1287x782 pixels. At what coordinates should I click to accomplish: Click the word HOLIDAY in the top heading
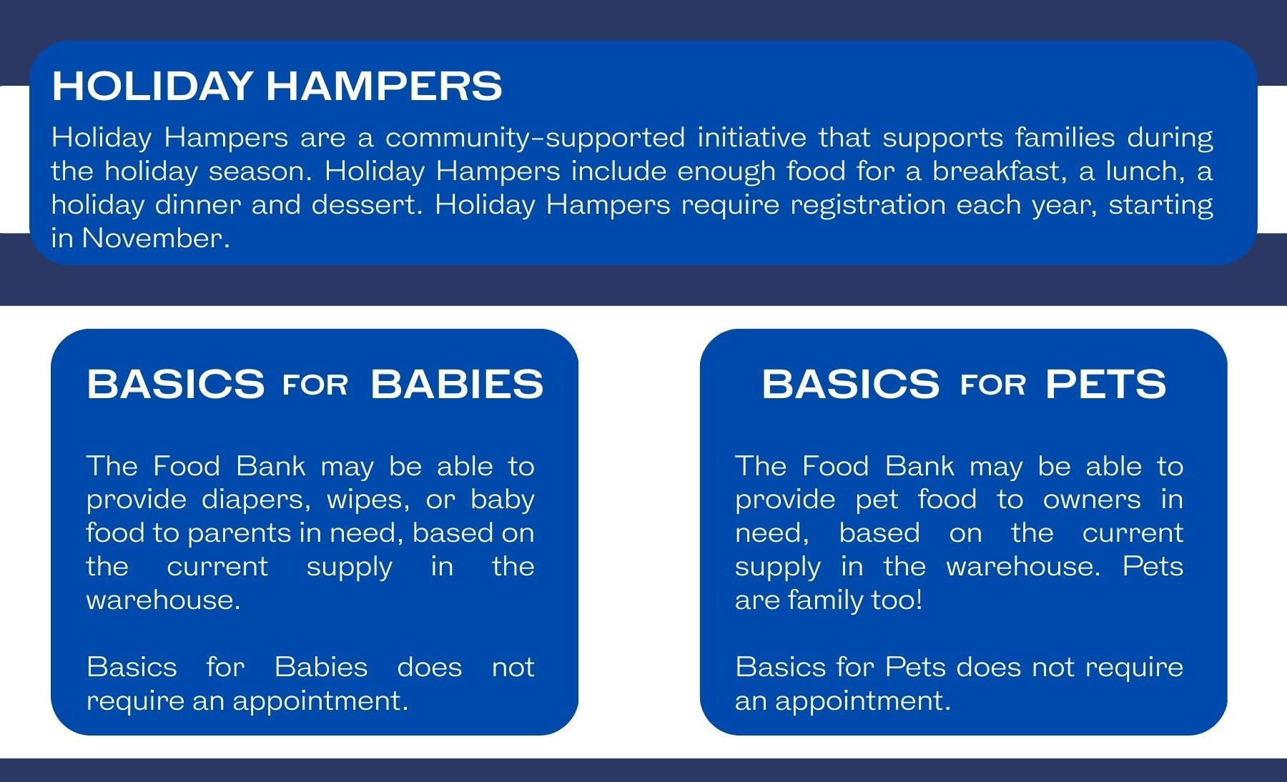pos(152,86)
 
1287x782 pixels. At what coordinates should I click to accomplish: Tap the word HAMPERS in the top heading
pos(384,86)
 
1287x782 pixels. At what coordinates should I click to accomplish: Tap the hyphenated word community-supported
pos(535,137)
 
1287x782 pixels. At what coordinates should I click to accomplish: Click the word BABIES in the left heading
pos(457,384)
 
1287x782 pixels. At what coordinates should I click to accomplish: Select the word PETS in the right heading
pos(1105,384)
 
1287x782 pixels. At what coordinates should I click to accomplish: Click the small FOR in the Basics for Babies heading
pos(315,386)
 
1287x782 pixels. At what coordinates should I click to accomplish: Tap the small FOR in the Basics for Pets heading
pos(993,386)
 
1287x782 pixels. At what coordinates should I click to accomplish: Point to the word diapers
pos(257,500)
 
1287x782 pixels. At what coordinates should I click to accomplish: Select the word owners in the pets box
pos(1092,500)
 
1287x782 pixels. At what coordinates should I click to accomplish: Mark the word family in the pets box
pos(827,600)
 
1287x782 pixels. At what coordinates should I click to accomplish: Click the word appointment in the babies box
pos(320,701)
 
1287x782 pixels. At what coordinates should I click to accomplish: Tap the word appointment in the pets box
pos(863,701)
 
